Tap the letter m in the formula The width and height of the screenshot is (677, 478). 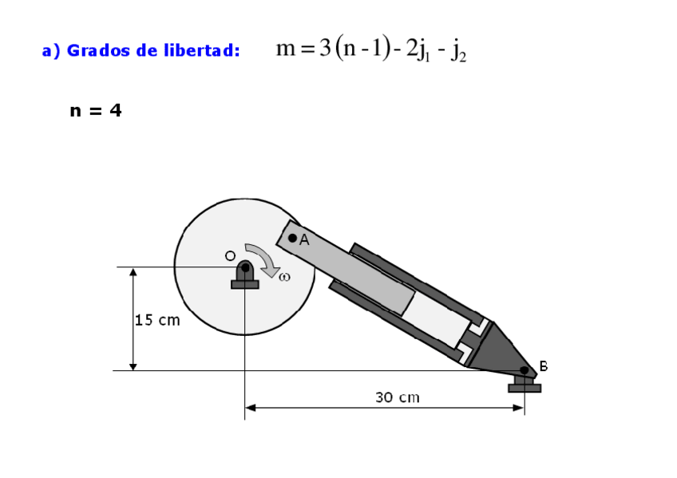(286, 49)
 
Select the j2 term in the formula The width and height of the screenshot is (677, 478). (458, 52)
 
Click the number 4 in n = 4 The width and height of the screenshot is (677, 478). (116, 110)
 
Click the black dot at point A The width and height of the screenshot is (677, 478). (292, 238)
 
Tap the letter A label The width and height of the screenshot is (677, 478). (304, 240)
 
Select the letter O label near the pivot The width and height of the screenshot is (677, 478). (230, 256)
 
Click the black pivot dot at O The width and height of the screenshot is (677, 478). (245, 267)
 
